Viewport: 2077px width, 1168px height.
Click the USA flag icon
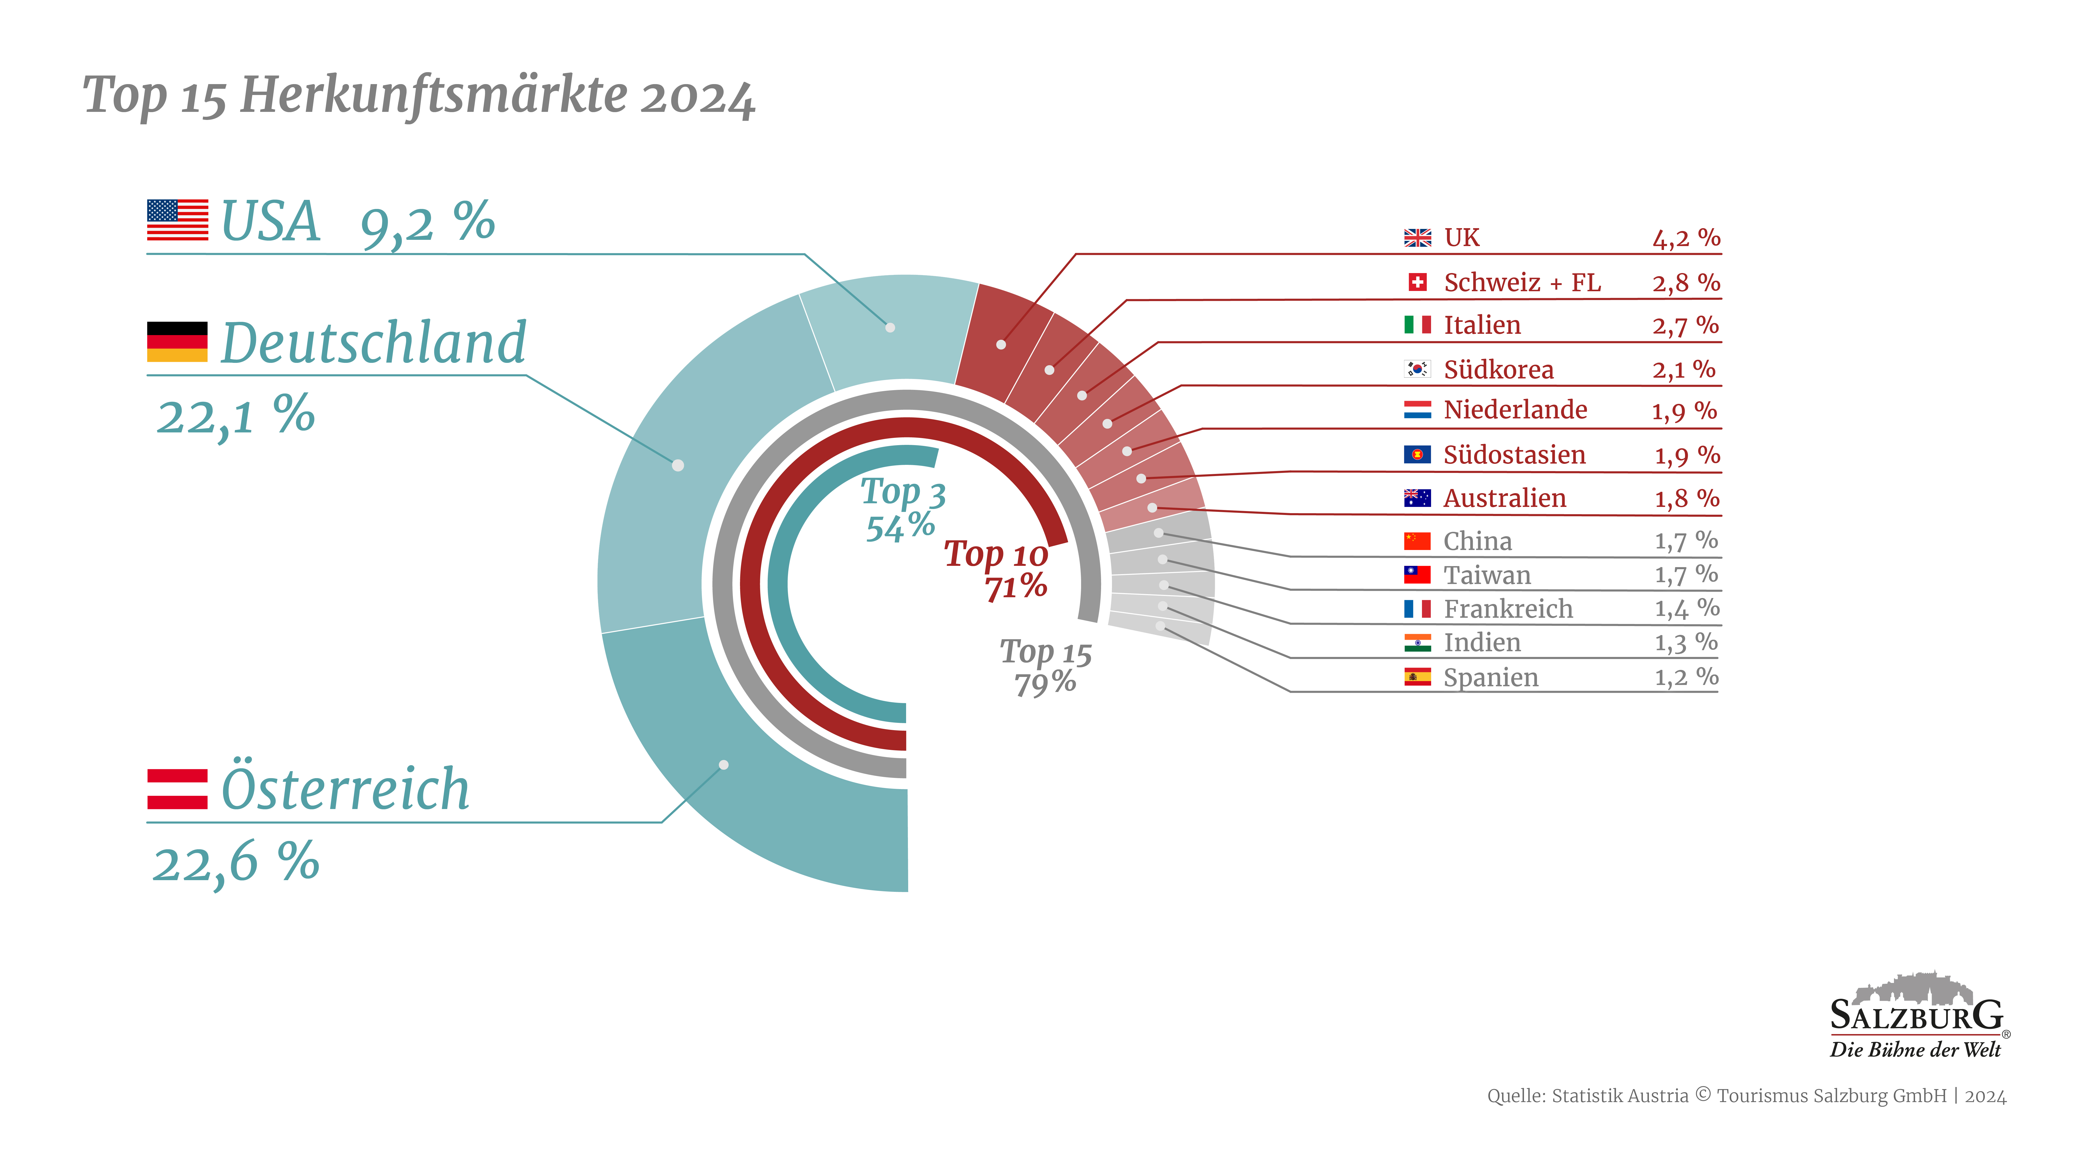click(x=177, y=220)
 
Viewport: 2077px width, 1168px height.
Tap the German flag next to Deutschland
click(x=177, y=342)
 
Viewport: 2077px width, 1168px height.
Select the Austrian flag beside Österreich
click(x=177, y=789)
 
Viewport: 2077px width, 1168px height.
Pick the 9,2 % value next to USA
click(x=427, y=223)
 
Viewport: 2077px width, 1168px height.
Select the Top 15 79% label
click(x=1046, y=667)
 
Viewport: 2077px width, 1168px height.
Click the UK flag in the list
click(x=1418, y=238)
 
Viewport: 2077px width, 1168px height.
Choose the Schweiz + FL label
click(x=1522, y=283)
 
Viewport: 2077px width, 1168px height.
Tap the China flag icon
click(x=1418, y=541)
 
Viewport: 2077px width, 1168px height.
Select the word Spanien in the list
click(x=1491, y=678)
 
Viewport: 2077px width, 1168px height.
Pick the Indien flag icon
click(x=1418, y=642)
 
